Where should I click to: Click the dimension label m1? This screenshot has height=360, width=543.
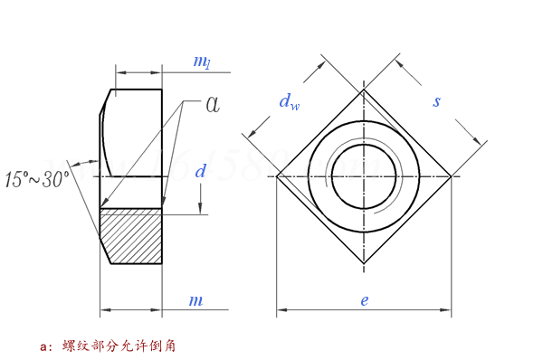point(202,62)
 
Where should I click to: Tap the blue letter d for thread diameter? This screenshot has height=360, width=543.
point(201,171)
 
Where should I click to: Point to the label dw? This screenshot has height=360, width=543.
point(289,103)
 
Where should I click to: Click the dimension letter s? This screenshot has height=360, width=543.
point(436,101)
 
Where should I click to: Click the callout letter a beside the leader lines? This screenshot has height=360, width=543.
point(212,104)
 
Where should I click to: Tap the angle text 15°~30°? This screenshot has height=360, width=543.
point(37,180)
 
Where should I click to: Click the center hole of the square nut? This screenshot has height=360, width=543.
point(364,175)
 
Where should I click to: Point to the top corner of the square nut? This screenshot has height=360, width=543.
point(364,90)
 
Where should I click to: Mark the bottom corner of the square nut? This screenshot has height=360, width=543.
point(364,263)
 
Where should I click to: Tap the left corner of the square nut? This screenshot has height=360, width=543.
point(278,175)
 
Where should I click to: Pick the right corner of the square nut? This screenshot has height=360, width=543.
point(451,175)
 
